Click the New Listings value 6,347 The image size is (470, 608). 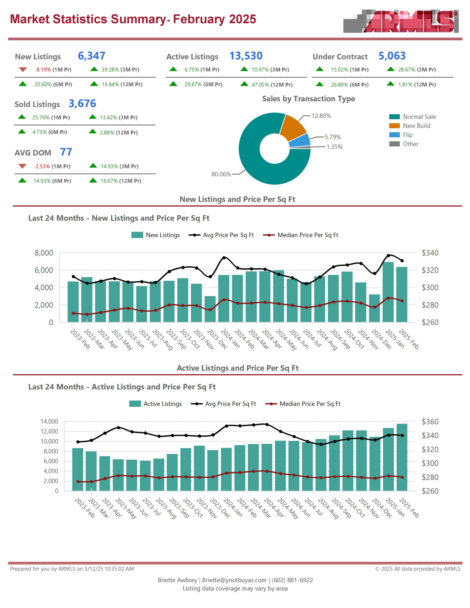91,56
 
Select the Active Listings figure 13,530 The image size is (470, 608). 246,56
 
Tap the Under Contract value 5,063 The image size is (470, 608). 392,56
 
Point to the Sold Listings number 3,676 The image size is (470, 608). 82,104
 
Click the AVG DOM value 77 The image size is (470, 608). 66,152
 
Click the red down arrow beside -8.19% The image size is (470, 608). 23,69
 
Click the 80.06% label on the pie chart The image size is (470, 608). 221,174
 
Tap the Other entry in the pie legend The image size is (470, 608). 410,144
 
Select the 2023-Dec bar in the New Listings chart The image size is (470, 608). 210,309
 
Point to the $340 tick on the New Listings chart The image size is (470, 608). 430,253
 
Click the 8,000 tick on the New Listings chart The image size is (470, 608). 44,253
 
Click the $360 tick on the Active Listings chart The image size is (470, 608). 430,422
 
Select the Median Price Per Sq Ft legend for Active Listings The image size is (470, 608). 310,404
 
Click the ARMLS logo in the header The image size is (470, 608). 401,21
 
